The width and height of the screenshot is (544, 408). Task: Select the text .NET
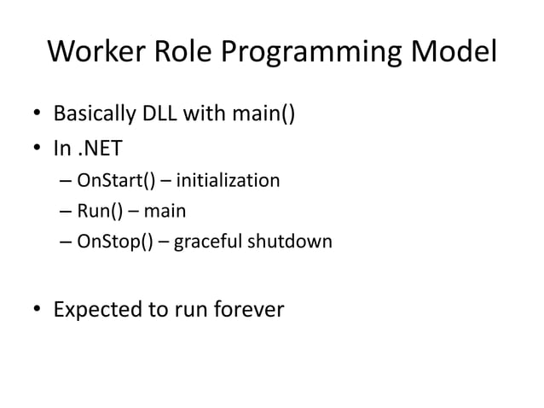tap(101, 149)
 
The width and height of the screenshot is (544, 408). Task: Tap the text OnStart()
tap(114, 181)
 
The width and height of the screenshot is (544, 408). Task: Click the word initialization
tap(228, 181)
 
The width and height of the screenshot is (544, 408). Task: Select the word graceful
tap(209, 242)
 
